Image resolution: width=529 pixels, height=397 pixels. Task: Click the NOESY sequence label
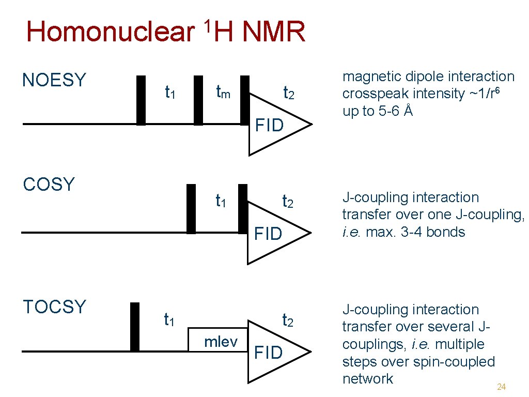click(x=54, y=80)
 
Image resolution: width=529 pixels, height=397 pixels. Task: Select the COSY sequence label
click(x=49, y=184)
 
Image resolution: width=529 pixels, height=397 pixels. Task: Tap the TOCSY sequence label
click(x=54, y=307)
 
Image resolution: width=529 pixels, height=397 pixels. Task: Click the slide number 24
click(x=501, y=387)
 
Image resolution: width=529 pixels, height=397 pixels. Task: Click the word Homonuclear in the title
click(x=108, y=32)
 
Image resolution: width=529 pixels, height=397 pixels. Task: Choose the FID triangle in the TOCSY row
click(x=274, y=352)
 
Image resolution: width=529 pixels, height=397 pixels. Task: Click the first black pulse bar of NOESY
click(x=141, y=100)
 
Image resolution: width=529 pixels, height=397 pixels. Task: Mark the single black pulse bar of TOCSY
click(x=135, y=327)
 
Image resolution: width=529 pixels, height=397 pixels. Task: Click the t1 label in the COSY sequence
click(x=222, y=201)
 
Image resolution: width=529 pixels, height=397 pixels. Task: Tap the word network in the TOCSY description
click(x=367, y=379)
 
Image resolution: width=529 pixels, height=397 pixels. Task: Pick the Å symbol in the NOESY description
click(x=408, y=111)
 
